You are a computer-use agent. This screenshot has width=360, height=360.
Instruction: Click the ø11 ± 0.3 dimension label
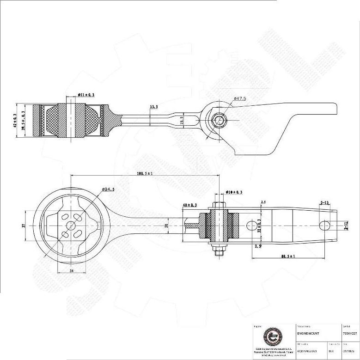coord(86,95)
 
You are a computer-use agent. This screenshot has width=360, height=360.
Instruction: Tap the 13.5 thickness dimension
coord(154,107)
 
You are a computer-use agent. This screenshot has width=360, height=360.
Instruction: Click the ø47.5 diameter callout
coord(240,98)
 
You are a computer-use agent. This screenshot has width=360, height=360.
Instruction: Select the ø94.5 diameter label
coord(108,189)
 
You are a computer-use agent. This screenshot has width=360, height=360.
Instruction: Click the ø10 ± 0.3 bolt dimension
coord(234,192)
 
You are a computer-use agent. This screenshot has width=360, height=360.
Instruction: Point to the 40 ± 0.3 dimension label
coord(189,205)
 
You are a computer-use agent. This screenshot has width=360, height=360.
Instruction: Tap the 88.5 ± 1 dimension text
coord(290,256)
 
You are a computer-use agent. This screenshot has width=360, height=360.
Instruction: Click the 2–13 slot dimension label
coord(324,203)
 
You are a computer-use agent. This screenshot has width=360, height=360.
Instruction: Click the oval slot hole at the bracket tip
coord(325,225)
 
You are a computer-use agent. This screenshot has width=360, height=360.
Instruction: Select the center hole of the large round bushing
coord(71,225)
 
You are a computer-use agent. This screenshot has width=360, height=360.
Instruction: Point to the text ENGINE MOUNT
coord(307,333)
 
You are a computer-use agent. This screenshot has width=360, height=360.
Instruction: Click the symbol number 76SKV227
coord(350,333)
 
